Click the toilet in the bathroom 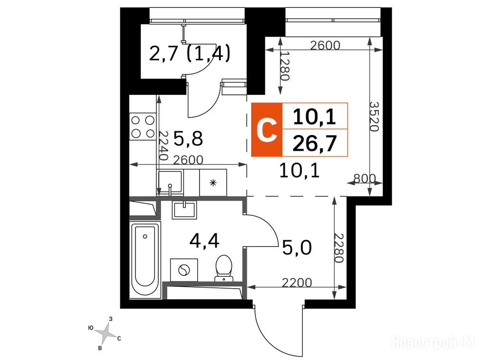(x=224, y=268)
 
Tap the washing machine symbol (x=184, y=270)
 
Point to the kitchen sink (x=170, y=182)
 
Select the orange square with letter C (x=267, y=130)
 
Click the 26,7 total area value (x=315, y=143)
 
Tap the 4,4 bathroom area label (x=204, y=241)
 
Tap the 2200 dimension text (x=297, y=282)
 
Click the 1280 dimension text (x=285, y=65)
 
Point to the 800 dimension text (x=364, y=178)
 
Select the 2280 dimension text (x=338, y=248)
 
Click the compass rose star (x=105, y=333)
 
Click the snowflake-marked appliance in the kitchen (x=213, y=182)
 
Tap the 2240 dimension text (x=163, y=146)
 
